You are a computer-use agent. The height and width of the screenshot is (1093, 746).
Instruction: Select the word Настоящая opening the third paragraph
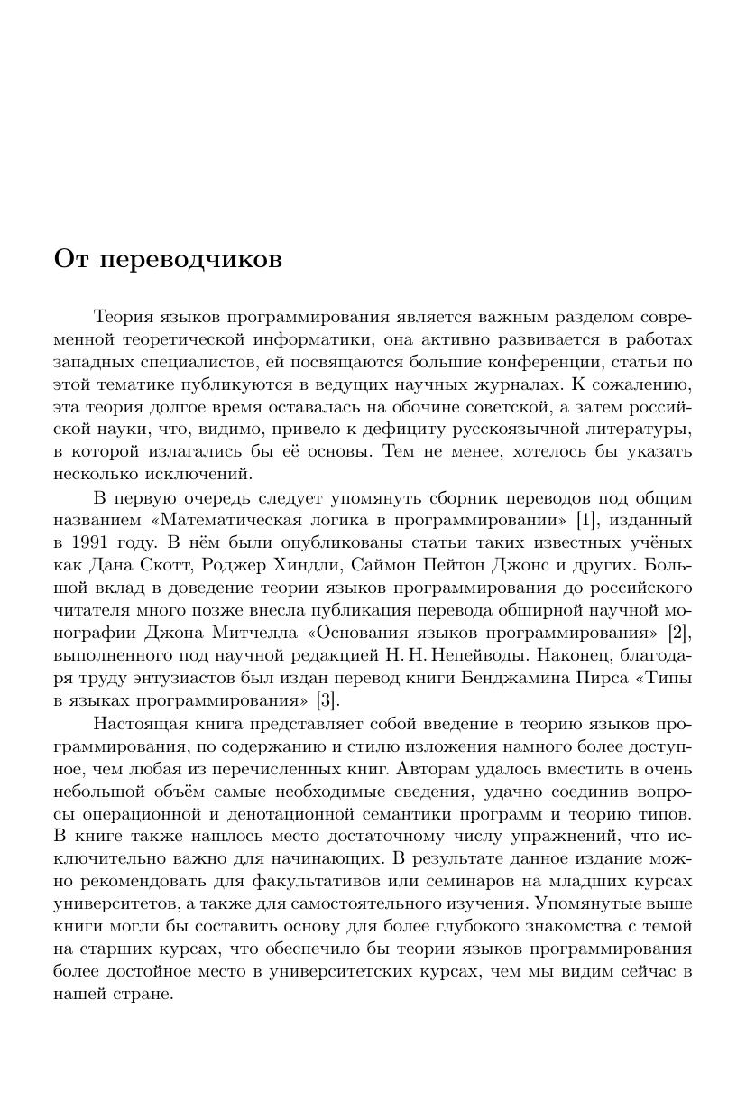tap(137, 723)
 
